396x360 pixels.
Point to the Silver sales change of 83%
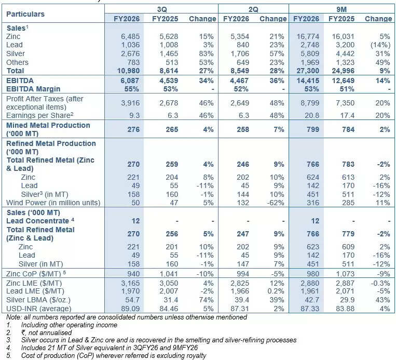coord(208,54)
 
